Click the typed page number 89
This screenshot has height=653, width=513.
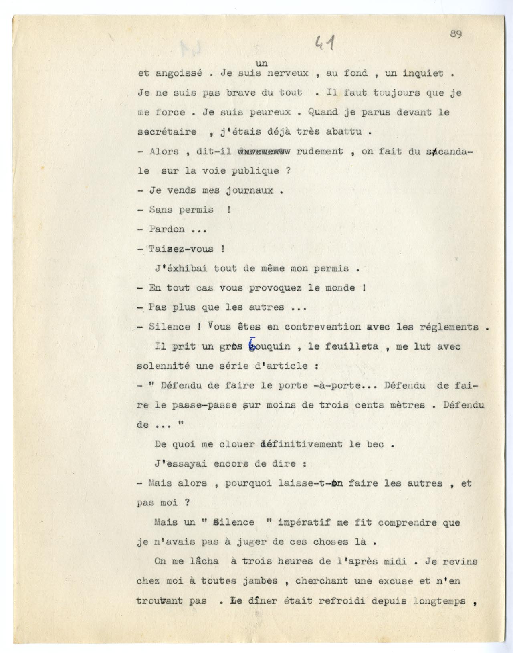[456, 34]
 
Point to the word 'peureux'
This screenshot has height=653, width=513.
[265, 113]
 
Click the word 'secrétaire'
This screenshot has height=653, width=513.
[167, 132]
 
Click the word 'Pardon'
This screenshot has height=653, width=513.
[167, 230]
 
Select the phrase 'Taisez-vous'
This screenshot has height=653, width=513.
[181, 249]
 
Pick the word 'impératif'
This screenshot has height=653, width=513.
[304, 523]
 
